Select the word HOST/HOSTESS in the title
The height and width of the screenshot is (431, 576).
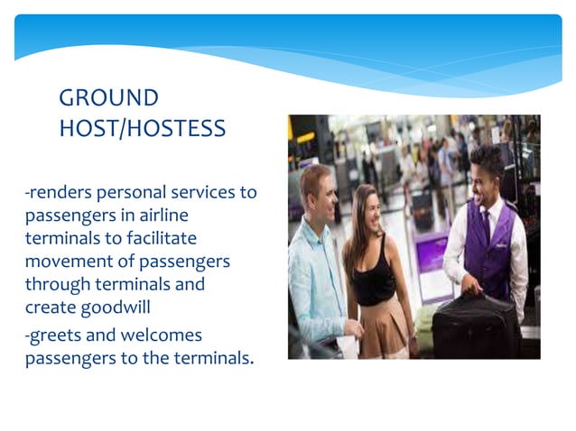pos(142,129)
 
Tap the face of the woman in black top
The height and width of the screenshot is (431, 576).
pos(371,206)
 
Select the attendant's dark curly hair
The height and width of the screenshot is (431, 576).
pos(487,158)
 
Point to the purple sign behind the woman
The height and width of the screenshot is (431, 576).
pos(431,252)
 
